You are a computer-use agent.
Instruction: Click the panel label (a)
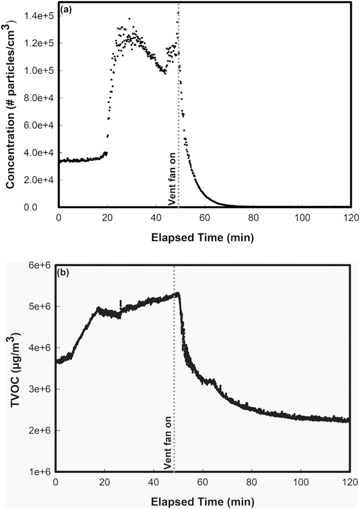pos(67,9)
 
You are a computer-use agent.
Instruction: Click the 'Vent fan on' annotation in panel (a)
pos(172,182)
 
